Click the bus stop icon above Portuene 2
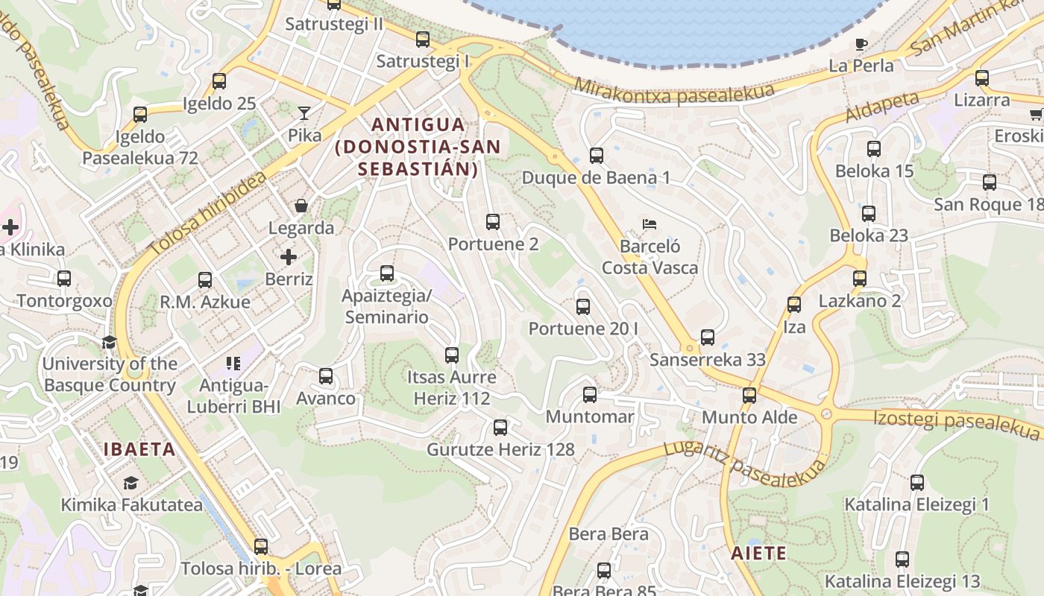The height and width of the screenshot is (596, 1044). (x=492, y=222)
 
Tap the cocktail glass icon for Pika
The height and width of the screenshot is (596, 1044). (x=304, y=113)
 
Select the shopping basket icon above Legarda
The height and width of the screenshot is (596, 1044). (x=301, y=205)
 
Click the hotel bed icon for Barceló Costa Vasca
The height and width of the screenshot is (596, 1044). (x=650, y=223)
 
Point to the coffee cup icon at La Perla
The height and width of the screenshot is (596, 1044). (x=861, y=44)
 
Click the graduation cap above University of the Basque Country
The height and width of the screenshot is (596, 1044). (x=109, y=342)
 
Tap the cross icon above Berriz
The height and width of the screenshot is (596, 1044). (x=289, y=257)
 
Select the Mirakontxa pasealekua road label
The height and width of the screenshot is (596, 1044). (x=673, y=92)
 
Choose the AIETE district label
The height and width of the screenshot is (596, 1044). (x=758, y=553)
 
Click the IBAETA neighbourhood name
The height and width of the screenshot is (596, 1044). (x=139, y=449)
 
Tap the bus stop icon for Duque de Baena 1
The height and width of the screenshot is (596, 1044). (x=596, y=156)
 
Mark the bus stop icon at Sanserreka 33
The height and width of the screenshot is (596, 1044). (x=708, y=337)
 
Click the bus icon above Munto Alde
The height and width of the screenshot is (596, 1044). (x=749, y=396)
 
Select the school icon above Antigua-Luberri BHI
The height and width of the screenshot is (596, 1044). (x=233, y=364)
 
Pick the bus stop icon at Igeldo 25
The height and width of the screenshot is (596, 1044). (x=219, y=81)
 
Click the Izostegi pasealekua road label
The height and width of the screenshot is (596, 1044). (x=957, y=420)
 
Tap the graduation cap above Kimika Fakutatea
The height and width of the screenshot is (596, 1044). (x=130, y=483)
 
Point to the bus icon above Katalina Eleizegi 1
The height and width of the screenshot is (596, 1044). (x=916, y=483)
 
